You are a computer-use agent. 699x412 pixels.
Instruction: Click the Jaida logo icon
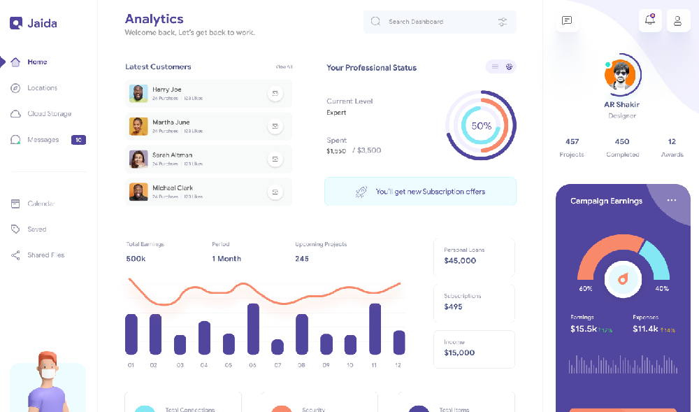[16, 23]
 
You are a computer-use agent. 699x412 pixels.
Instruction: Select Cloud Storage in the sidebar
[49, 114]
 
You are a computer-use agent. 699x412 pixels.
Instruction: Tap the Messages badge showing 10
[78, 140]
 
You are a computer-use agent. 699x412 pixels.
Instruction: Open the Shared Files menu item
[45, 255]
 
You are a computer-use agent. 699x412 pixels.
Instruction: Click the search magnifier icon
[376, 22]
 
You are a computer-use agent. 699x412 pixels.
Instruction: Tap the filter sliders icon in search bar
[503, 22]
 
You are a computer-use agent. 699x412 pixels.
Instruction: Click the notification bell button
[650, 20]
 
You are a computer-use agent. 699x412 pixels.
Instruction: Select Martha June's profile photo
[138, 126]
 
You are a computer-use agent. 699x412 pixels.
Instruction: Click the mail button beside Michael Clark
[275, 192]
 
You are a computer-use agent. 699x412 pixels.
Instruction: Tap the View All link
[284, 67]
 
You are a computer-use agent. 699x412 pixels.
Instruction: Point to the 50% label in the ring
[481, 126]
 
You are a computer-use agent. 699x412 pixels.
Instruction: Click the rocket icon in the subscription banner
[361, 191]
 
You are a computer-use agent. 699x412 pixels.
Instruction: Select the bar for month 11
[375, 329]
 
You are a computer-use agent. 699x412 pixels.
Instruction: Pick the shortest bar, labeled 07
[278, 347]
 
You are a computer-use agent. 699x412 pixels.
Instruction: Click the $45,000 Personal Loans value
[460, 261]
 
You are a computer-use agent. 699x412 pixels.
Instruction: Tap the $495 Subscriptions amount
[453, 307]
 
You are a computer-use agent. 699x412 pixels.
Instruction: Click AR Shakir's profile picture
[619, 76]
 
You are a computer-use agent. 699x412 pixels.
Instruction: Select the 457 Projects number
[572, 141]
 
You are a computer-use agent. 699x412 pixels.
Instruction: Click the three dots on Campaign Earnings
[672, 201]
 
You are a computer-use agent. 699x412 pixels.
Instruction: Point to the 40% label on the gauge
[661, 288]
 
